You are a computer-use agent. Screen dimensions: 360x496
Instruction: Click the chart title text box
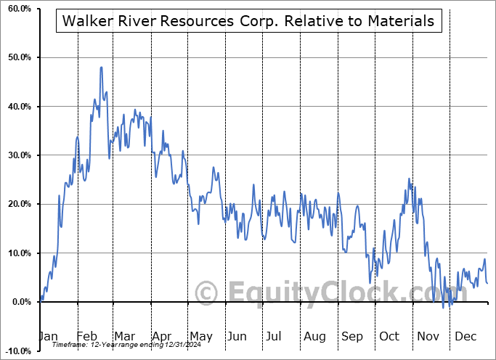(x=248, y=21)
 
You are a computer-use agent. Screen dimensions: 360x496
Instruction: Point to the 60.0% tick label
(x=17, y=9)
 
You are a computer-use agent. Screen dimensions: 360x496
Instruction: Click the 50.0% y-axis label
(x=17, y=57)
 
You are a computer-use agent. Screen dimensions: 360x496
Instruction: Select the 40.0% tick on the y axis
(x=17, y=107)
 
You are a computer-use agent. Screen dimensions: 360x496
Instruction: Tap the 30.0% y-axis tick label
(x=17, y=155)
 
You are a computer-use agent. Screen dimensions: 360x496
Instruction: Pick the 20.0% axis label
(x=17, y=204)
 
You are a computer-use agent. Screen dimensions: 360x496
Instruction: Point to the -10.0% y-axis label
(x=15, y=351)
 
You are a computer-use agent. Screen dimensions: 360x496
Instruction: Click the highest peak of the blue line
(x=101, y=67)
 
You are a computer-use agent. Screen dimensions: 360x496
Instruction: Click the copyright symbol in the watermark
(x=207, y=292)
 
